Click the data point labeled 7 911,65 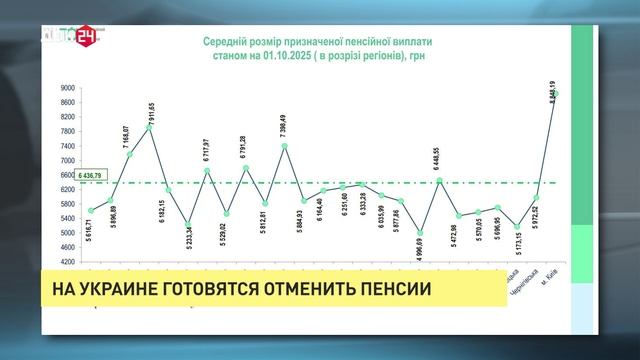tap(149, 127)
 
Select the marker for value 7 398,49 tap(285, 146)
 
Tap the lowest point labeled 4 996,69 tap(420, 233)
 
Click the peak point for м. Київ tap(556, 93)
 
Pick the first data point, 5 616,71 tap(91, 210)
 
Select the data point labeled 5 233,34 tap(188, 224)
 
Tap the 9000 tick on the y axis tap(69, 88)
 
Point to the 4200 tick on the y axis tap(69, 262)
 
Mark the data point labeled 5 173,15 tap(517, 226)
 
